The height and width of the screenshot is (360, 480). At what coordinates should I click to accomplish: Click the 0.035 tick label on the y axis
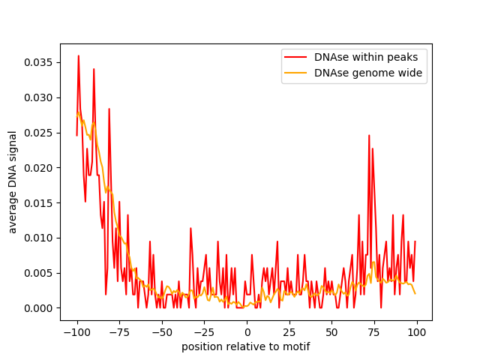tap(38, 62)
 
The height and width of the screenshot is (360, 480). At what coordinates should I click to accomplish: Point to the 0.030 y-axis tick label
tap(38, 97)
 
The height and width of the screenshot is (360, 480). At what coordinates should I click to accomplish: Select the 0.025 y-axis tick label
tap(38, 133)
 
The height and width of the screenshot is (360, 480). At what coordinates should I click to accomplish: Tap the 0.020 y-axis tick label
tap(38, 168)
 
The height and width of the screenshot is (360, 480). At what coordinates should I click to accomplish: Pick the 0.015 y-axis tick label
tap(38, 203)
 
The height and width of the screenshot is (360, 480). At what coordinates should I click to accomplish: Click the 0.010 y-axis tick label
tap(38, 238)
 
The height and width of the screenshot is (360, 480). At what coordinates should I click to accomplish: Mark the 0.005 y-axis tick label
tap(38, 273)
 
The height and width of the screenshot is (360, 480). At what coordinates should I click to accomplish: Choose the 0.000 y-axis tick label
tap(38, 308)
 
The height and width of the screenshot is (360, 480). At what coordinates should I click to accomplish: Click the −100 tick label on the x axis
tap(76, 332)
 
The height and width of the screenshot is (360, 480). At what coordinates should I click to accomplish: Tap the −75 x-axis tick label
tap(119, 332)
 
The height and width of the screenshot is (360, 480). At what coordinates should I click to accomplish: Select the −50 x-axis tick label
tap(162, 332)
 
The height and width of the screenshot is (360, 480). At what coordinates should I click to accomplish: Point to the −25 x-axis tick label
tap(204, 332)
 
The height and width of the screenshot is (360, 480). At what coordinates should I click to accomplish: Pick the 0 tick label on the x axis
tap(247, 332)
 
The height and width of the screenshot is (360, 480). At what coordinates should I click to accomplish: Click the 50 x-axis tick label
tap(331, 332)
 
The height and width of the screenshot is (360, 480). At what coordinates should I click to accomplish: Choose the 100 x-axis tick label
tap(417, 332)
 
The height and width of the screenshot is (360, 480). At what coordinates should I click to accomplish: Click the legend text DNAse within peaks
tap(366, 57)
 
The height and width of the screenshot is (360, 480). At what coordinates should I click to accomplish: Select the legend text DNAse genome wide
tap(368, 73)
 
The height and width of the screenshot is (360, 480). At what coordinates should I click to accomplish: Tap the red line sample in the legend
tap(295, 57)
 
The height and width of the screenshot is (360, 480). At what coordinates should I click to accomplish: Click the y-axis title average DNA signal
tap(12, 182)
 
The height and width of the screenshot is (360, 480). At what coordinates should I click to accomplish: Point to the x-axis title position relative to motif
tap(246, 346)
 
